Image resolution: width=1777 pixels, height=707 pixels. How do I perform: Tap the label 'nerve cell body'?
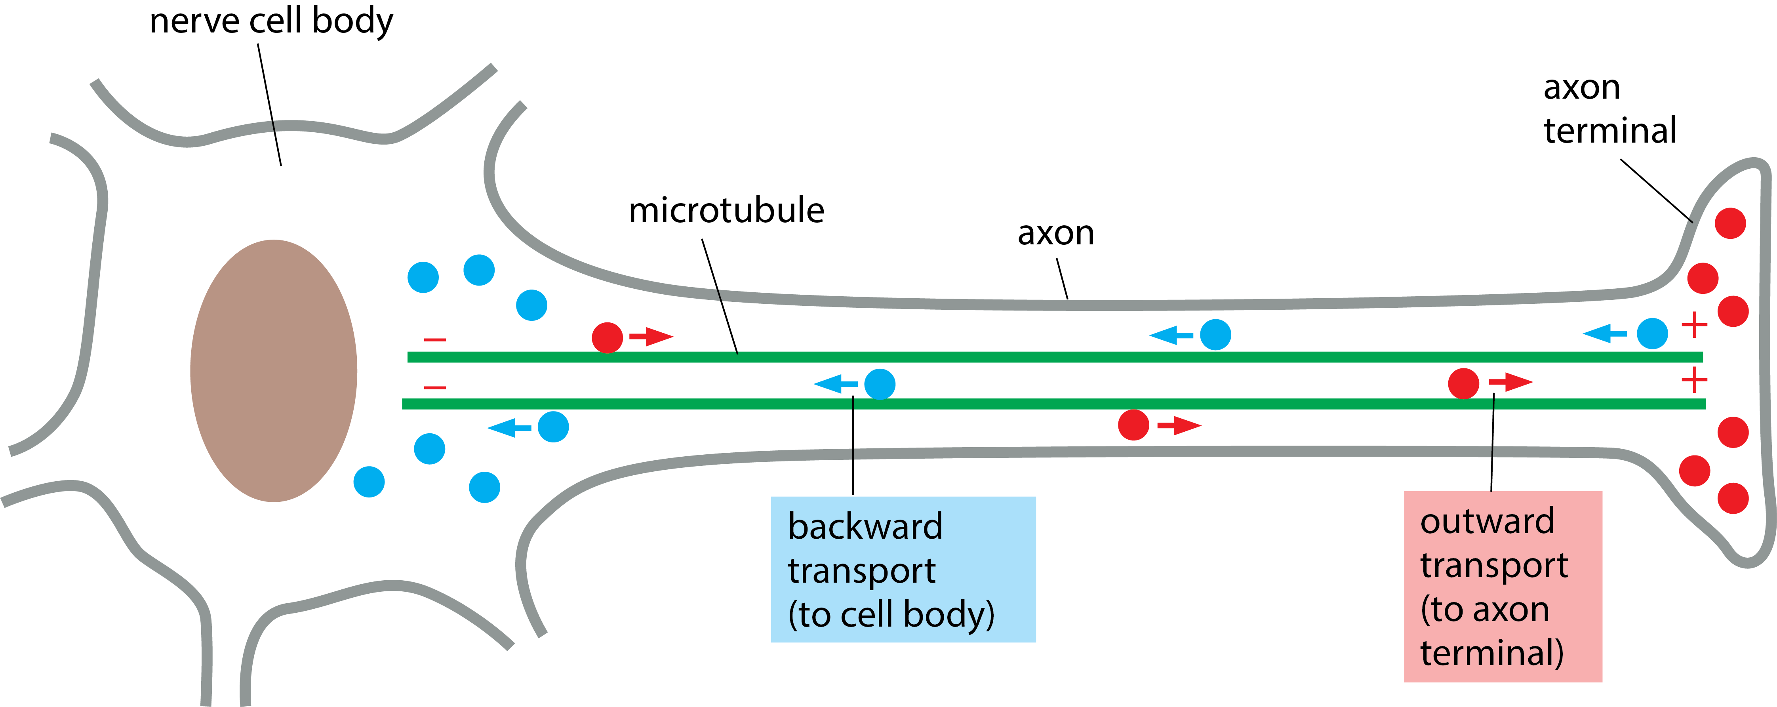tap(271, 21)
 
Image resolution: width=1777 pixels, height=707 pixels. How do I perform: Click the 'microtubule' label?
tap(726, 210)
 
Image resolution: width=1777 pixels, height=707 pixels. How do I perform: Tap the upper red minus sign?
tap(434, 339)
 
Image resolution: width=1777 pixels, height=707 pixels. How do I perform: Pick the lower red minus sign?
tap(434, 388)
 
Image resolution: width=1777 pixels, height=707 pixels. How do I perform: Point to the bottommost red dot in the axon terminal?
tap(1733, 498)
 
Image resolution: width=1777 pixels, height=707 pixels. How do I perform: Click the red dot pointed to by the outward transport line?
tap(1463, 383)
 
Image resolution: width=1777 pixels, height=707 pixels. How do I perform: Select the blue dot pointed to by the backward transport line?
tap(880, 384)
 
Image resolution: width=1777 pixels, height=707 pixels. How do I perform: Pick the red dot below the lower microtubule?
tap(1133, 425)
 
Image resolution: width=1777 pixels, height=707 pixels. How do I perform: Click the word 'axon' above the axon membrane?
tap(1055, 233)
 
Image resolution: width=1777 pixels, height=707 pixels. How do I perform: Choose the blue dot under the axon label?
tap(1215, 335)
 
